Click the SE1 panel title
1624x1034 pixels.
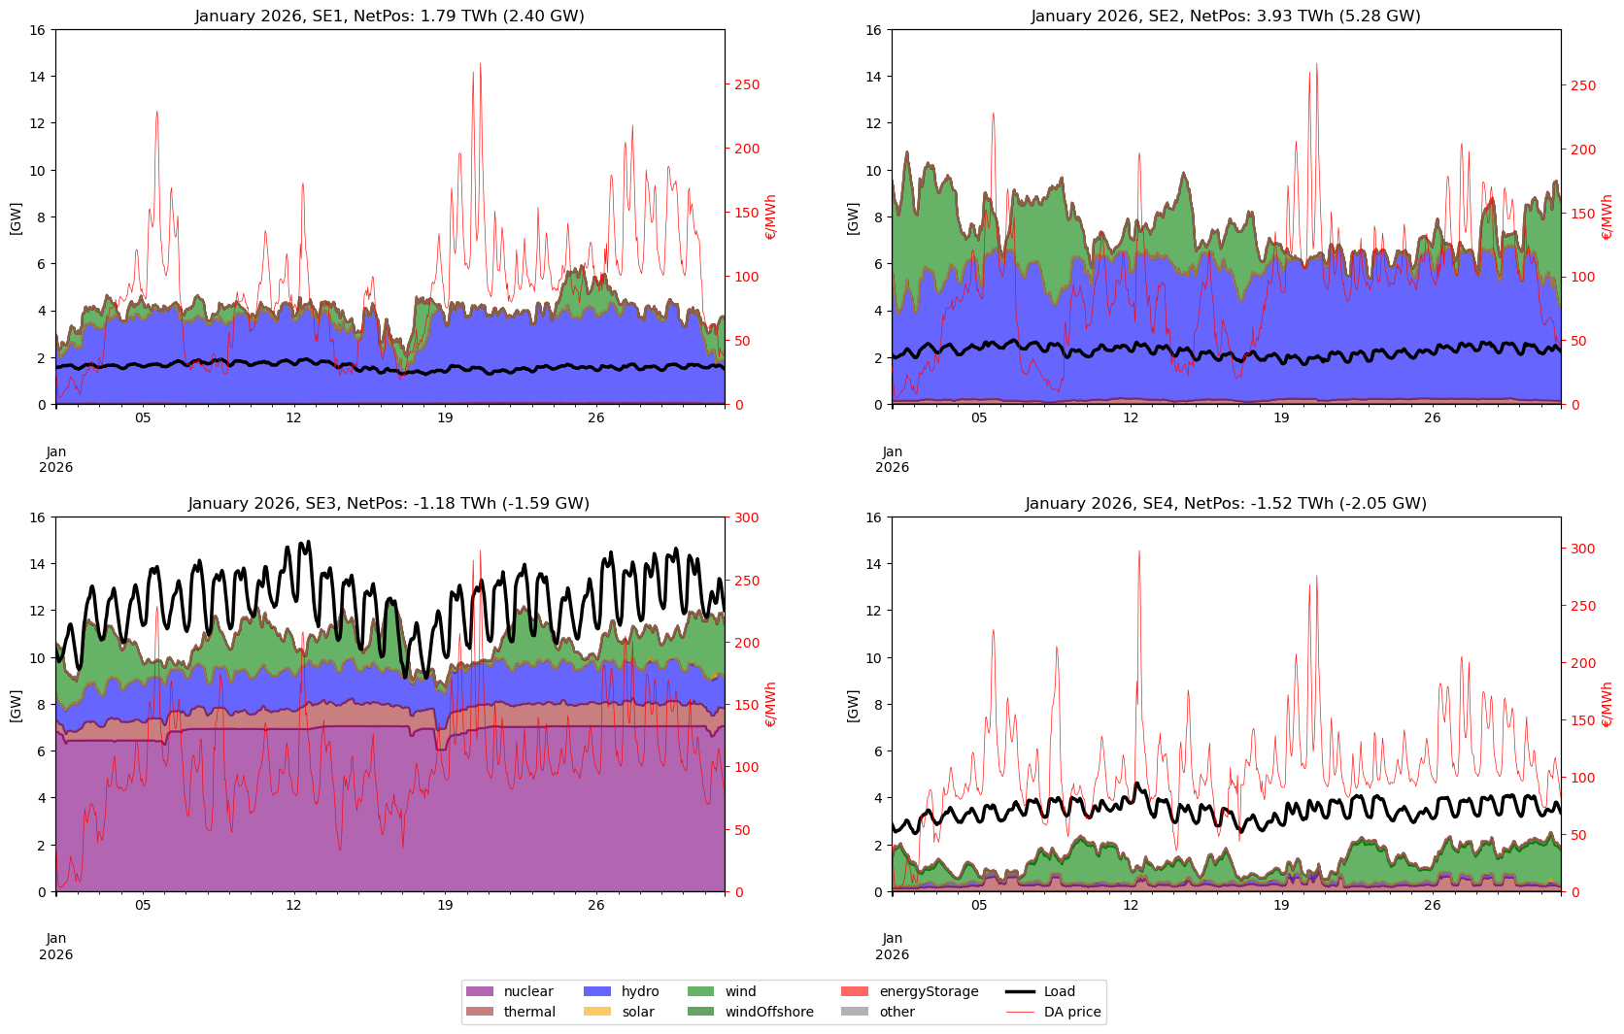click(x=389, y=17)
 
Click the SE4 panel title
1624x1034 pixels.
click(x=1226, y=504)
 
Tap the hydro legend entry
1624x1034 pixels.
click(x=622, y=991)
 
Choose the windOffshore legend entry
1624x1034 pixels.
click(x=751, y=1012)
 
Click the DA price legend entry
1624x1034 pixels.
click(x=1054, y=1012)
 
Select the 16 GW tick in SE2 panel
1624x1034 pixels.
click(x=874, y=30)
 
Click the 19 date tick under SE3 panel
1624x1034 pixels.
click(x=445, y=905)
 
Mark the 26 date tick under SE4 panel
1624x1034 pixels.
click(x=1433, y=905)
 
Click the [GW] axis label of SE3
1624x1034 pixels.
click(x=16, y=704)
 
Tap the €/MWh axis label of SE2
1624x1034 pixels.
click(x=1607, y=217)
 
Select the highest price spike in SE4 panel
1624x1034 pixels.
click(x=1138, y=551)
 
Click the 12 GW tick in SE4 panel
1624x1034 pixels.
click(x=874, y=611)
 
